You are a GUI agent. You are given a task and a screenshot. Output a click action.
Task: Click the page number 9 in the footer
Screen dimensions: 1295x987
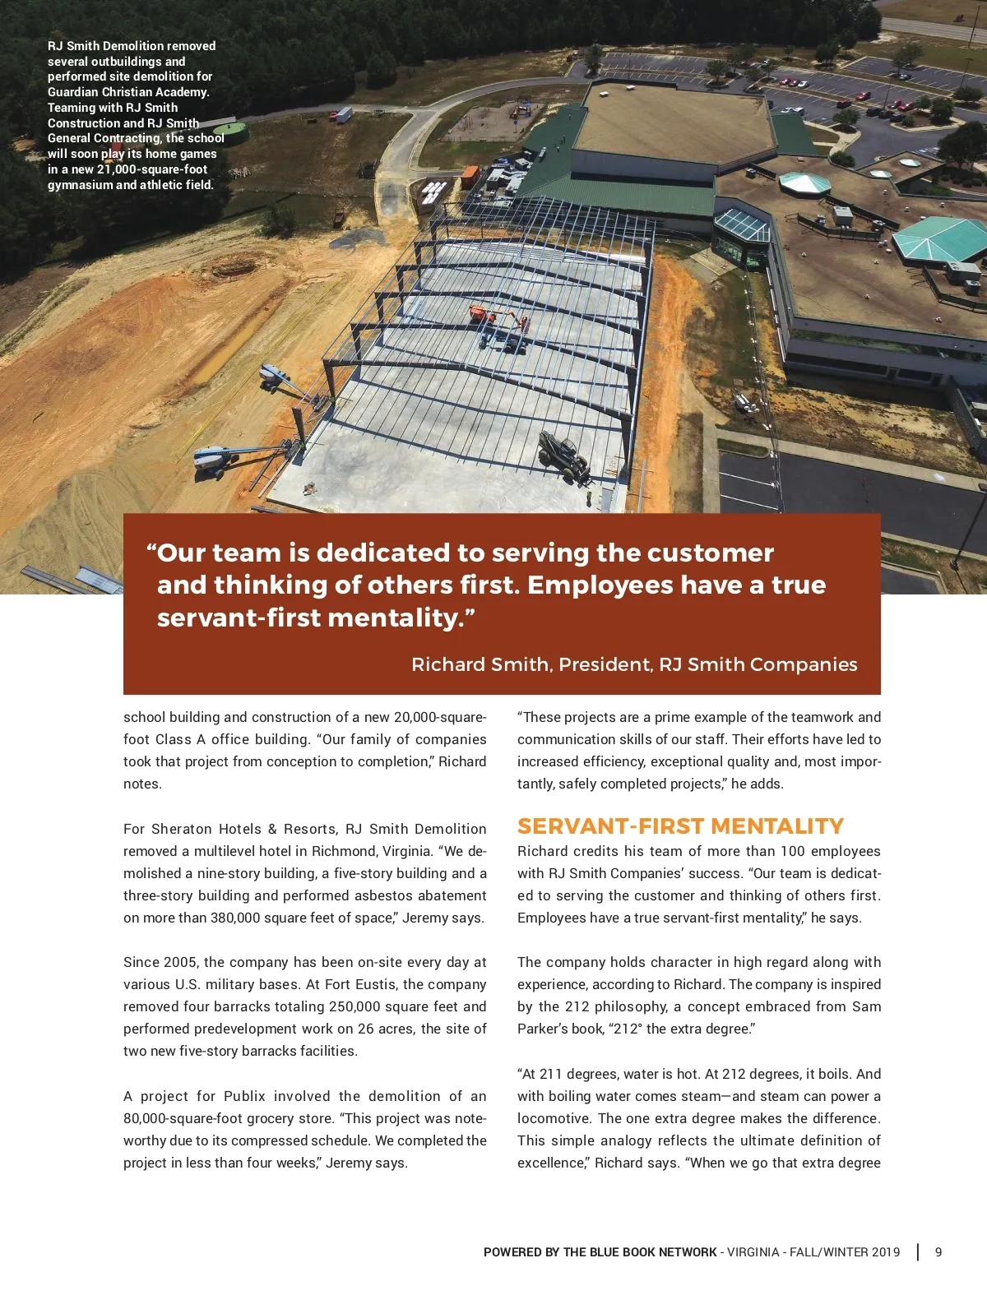click(938, 1252)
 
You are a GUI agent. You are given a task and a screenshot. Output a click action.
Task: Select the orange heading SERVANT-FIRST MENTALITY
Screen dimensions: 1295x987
click(680, 826)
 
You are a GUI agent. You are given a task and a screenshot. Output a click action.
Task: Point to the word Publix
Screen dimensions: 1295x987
click(244, 1096)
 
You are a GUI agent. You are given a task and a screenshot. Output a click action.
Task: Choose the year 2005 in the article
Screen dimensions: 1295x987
click(180, 962)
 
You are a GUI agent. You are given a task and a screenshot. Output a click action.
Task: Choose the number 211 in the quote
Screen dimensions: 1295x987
click(549, 1074)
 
